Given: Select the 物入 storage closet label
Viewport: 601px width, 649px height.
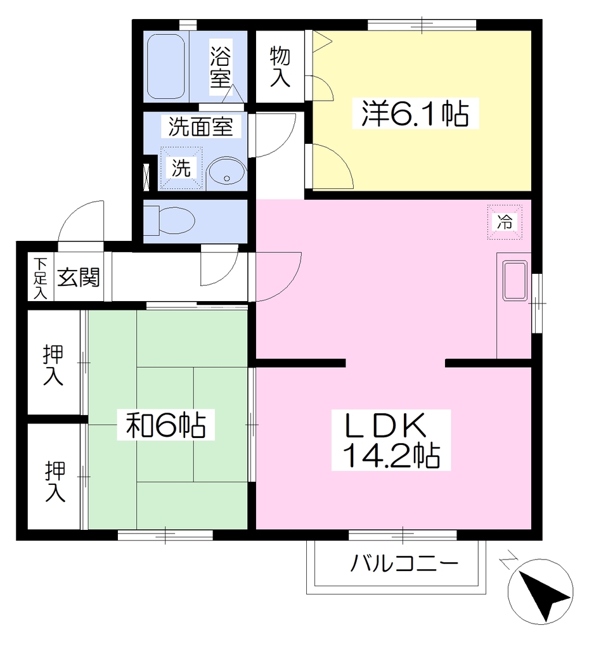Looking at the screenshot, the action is [280, 67].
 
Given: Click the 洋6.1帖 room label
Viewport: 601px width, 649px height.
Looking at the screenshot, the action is [415, 113].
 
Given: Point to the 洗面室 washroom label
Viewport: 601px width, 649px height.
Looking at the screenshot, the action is [201, 126].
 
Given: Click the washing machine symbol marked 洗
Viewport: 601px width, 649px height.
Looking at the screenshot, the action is [181, 168].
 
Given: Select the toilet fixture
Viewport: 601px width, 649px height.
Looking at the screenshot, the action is [169, 219].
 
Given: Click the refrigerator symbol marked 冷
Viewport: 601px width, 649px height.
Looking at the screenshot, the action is [505, 222].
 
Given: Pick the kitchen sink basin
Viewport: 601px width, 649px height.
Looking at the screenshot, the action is [515, 280].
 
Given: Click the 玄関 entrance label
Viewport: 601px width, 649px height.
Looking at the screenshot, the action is [78, 277].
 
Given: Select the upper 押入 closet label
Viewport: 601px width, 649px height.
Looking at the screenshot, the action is [53, 365].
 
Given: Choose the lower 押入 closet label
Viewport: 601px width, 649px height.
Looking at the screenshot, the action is [55, 482].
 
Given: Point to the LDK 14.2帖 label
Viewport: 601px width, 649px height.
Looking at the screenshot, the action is [391, 440].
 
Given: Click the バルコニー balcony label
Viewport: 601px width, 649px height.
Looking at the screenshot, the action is [404, 563].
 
